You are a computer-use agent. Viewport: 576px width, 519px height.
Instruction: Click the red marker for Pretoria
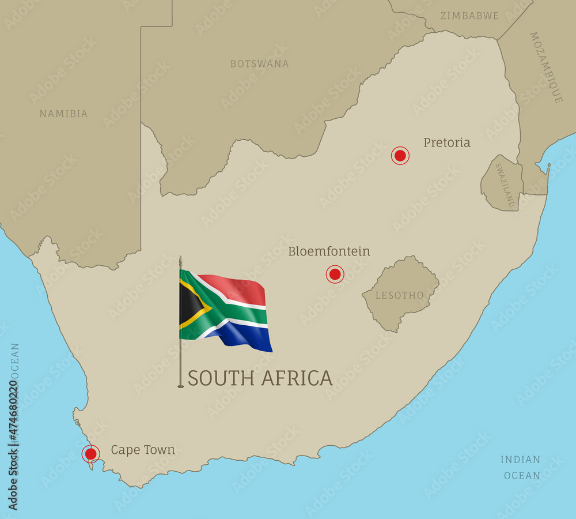click(x=400, y=155)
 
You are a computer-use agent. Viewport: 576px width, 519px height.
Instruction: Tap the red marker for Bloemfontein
click(x=335, y=274)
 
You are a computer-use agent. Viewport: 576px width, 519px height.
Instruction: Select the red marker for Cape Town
click(x=90, y=454)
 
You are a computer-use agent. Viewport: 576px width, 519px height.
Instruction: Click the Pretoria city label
click(x=447, y=142)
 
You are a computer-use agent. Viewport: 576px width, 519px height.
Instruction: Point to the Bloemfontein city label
click(x=329, y=251)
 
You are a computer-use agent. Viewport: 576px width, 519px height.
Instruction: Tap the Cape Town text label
click(x=143, y=450)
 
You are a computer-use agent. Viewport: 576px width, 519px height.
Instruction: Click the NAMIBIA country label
click(x=63, y=114)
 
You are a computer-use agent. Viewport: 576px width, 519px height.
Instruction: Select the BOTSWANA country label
click(x=259, y=64)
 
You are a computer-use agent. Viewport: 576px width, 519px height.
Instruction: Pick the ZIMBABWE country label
click(x=469, y=16)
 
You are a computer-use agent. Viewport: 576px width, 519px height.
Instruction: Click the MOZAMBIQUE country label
click(x=545, y=67)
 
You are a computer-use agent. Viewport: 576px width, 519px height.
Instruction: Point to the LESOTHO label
click(x=399, y=296)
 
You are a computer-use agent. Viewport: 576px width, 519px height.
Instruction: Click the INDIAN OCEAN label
click(x=521, y=468)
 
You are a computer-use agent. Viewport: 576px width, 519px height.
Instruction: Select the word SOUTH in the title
click(x=221, y=378)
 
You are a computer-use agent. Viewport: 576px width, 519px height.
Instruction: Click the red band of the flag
click(x=236, y=288)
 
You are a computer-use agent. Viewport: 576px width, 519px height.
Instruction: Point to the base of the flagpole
click(x=180, y=385)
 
